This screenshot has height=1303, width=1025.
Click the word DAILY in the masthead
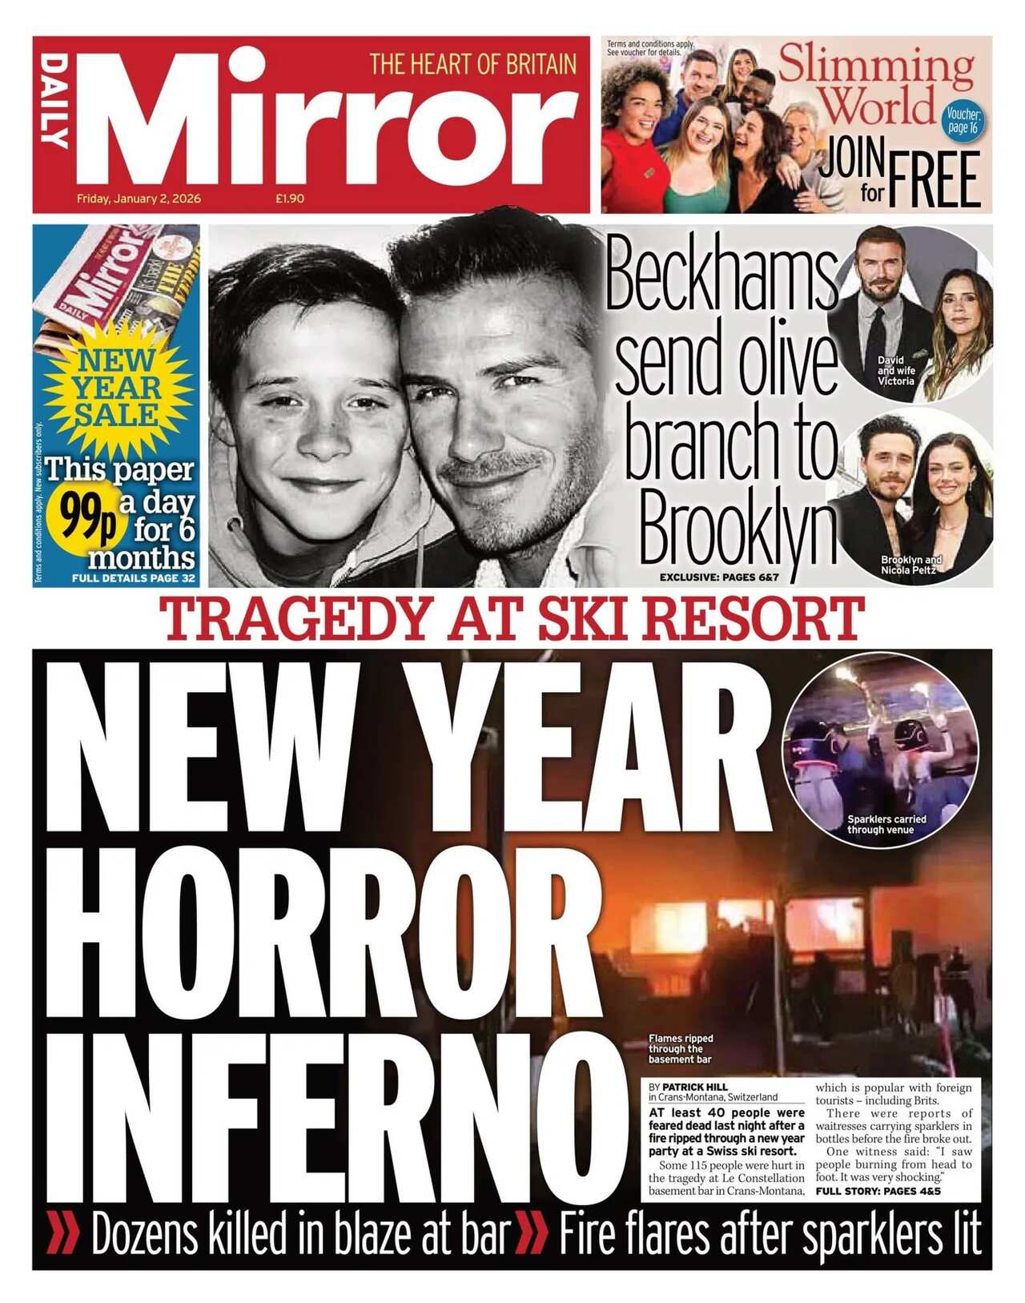point(54,101)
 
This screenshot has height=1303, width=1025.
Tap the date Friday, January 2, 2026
point(139,199)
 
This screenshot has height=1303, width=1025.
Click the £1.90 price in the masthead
point(289,199)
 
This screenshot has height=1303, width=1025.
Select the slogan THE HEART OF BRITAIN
point(472,65)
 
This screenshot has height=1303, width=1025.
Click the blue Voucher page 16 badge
point(961,120)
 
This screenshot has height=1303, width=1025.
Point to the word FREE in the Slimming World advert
point(935,179)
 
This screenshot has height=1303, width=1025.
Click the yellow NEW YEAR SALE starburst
point(117,389)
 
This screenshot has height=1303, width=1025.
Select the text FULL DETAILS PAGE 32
point(133,578)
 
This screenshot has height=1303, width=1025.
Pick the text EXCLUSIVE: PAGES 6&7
point(718,577)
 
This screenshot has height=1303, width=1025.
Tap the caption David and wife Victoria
point(895,371)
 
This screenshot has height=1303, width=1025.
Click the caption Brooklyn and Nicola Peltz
point(910,565)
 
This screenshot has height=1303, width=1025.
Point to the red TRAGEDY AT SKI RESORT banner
point(512,618)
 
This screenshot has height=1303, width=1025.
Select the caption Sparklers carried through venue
point(886,825)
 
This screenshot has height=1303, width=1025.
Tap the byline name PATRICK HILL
point(695,1087)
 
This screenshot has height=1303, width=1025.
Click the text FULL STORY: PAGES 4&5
point(878,1192)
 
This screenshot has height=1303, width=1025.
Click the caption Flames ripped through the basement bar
point(680,1049)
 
